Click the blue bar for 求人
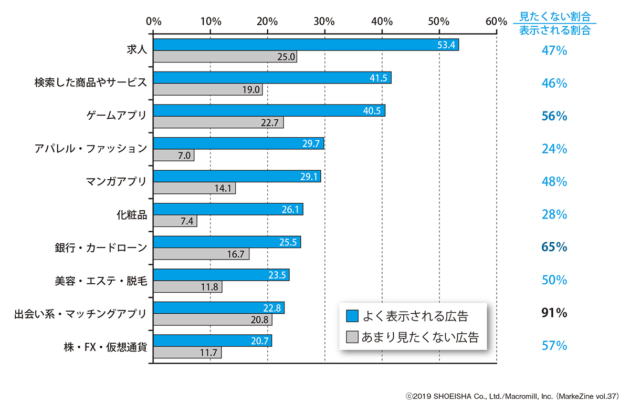(306, 45)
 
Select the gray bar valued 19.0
(207, 89)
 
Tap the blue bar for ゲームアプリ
(269, 110)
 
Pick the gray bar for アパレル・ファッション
(173, 156)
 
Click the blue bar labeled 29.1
(236, 177)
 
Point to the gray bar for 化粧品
(175, 221)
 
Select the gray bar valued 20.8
(213, 320)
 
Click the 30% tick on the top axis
(324, 22)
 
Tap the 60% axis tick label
(496, 22)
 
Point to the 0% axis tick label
(153, 22)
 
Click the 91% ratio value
(554, 314)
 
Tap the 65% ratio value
(554, 248)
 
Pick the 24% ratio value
(554, 149)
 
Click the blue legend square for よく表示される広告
(352, 316)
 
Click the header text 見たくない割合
(554, 16)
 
